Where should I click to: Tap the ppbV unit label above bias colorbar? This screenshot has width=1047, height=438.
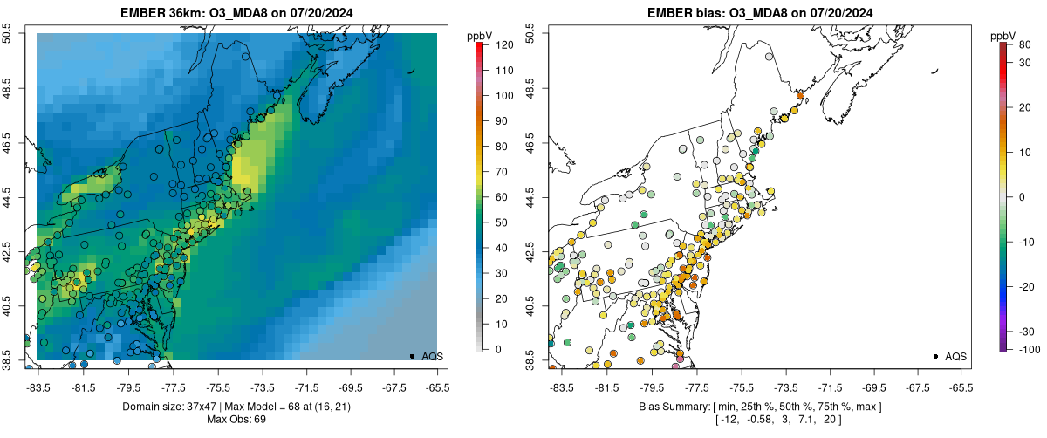[1003, 35]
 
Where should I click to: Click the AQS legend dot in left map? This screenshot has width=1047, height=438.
[412, 356]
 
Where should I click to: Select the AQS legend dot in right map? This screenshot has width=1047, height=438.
[935, 356]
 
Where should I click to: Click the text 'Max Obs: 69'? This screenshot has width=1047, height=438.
[236, 420]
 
